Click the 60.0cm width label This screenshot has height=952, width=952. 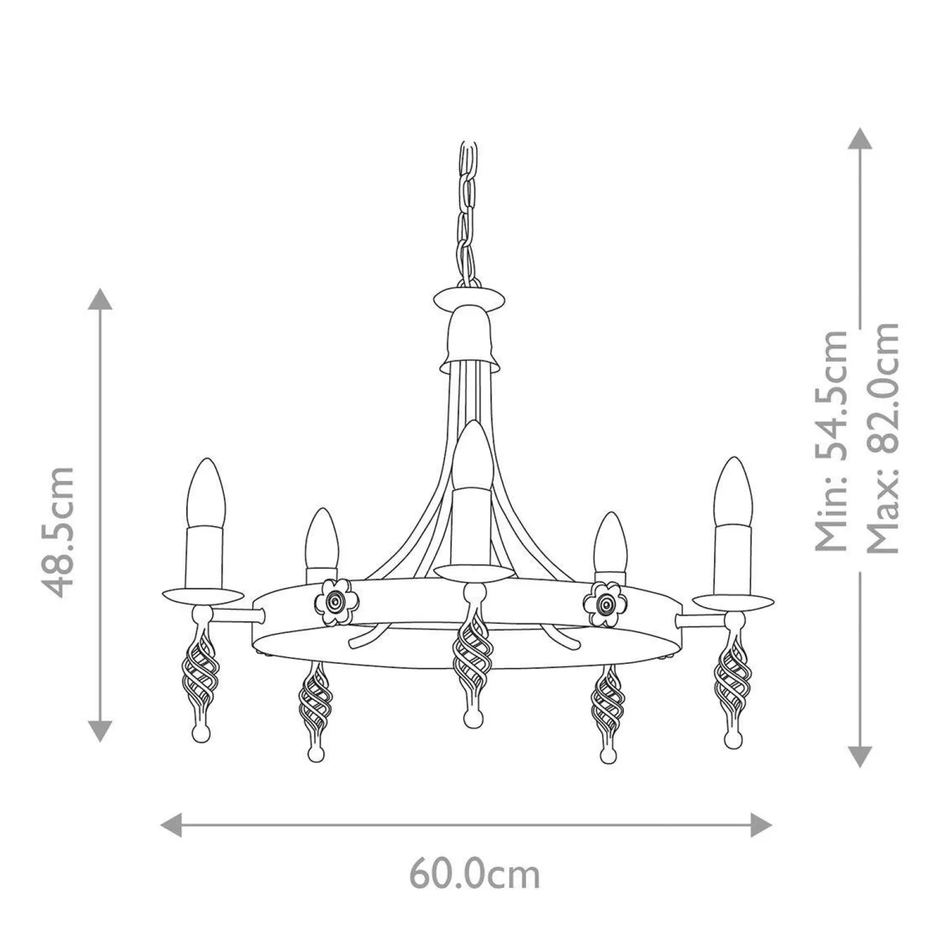point(475,873)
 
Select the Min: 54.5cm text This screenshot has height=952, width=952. point(831,440)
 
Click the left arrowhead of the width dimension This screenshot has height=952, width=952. point(171,825)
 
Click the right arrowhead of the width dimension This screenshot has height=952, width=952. point(761,825)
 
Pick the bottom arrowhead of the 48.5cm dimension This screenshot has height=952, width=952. point(99,730)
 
